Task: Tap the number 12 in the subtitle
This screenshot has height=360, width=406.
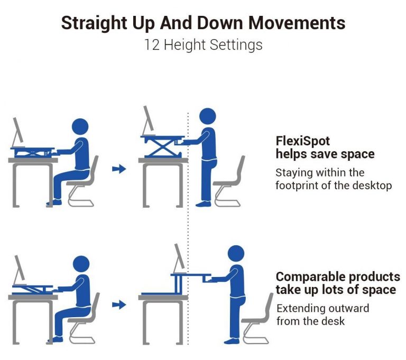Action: (153, 44)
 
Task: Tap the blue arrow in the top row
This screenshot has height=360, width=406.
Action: (120, 169)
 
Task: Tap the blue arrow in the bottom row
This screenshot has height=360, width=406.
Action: (120, 304)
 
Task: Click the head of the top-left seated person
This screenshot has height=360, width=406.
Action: (80, 127)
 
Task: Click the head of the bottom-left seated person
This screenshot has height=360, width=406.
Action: (81, 264)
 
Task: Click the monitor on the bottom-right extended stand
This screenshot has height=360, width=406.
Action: (180, 259)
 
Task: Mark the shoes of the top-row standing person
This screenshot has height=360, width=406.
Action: (204, 203)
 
